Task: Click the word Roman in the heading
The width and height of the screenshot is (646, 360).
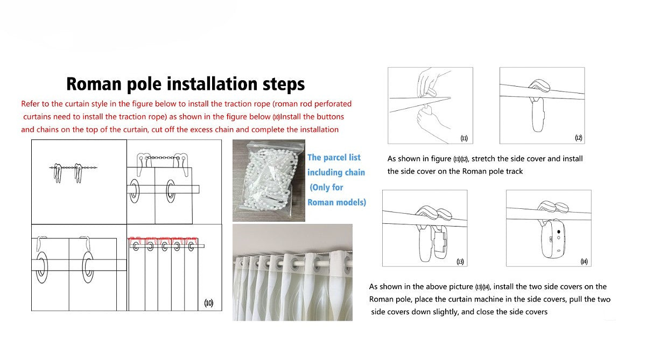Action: [94, 84]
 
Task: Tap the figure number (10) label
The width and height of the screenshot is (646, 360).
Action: [209, 303]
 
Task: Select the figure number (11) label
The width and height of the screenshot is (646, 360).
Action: [464, 138]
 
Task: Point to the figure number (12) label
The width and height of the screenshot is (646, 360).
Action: [579, 138]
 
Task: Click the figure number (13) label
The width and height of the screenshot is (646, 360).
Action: [460, 262]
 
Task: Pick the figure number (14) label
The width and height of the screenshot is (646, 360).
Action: [584, 262]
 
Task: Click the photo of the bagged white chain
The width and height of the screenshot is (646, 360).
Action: [269, 180]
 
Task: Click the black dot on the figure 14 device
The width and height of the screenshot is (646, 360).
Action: [559, 232]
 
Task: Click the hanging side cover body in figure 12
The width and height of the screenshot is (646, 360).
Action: [538, 114]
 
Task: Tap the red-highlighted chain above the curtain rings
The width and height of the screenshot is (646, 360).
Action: [163, 239]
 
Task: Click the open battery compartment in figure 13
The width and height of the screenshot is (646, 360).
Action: [440, 242]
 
